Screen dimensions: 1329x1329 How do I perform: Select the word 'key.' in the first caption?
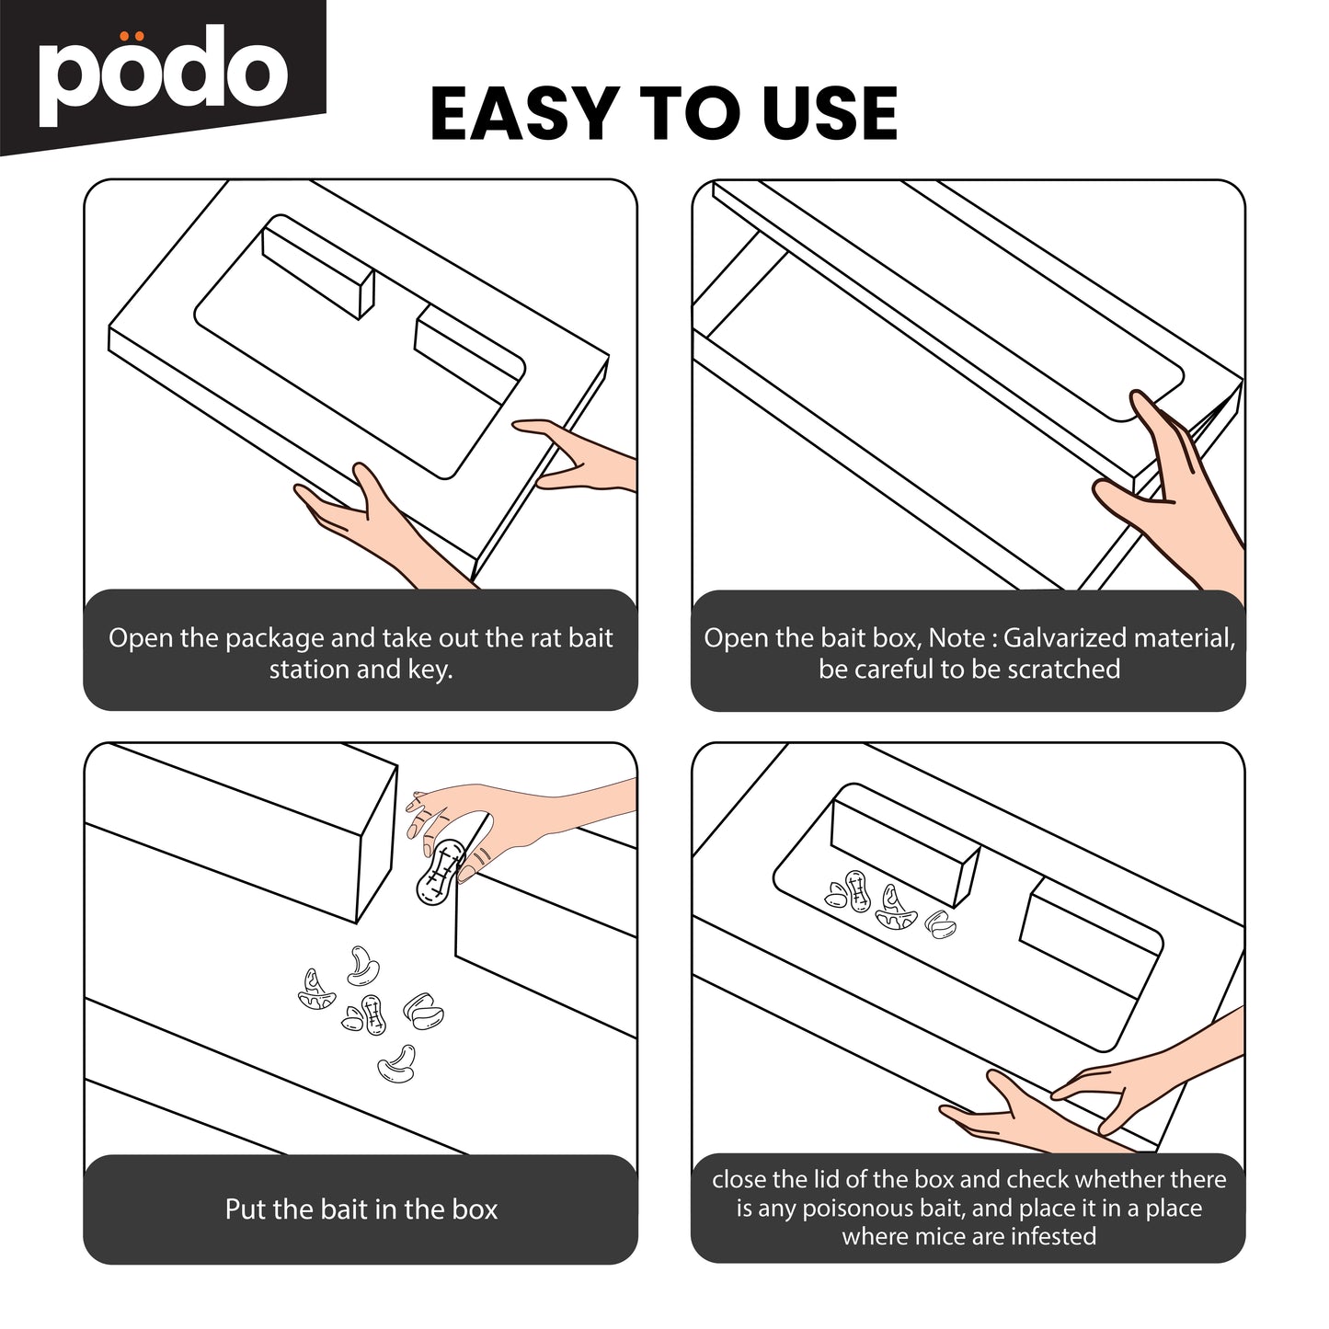(430, 670)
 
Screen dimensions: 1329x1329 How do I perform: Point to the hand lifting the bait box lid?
(1165, 483)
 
